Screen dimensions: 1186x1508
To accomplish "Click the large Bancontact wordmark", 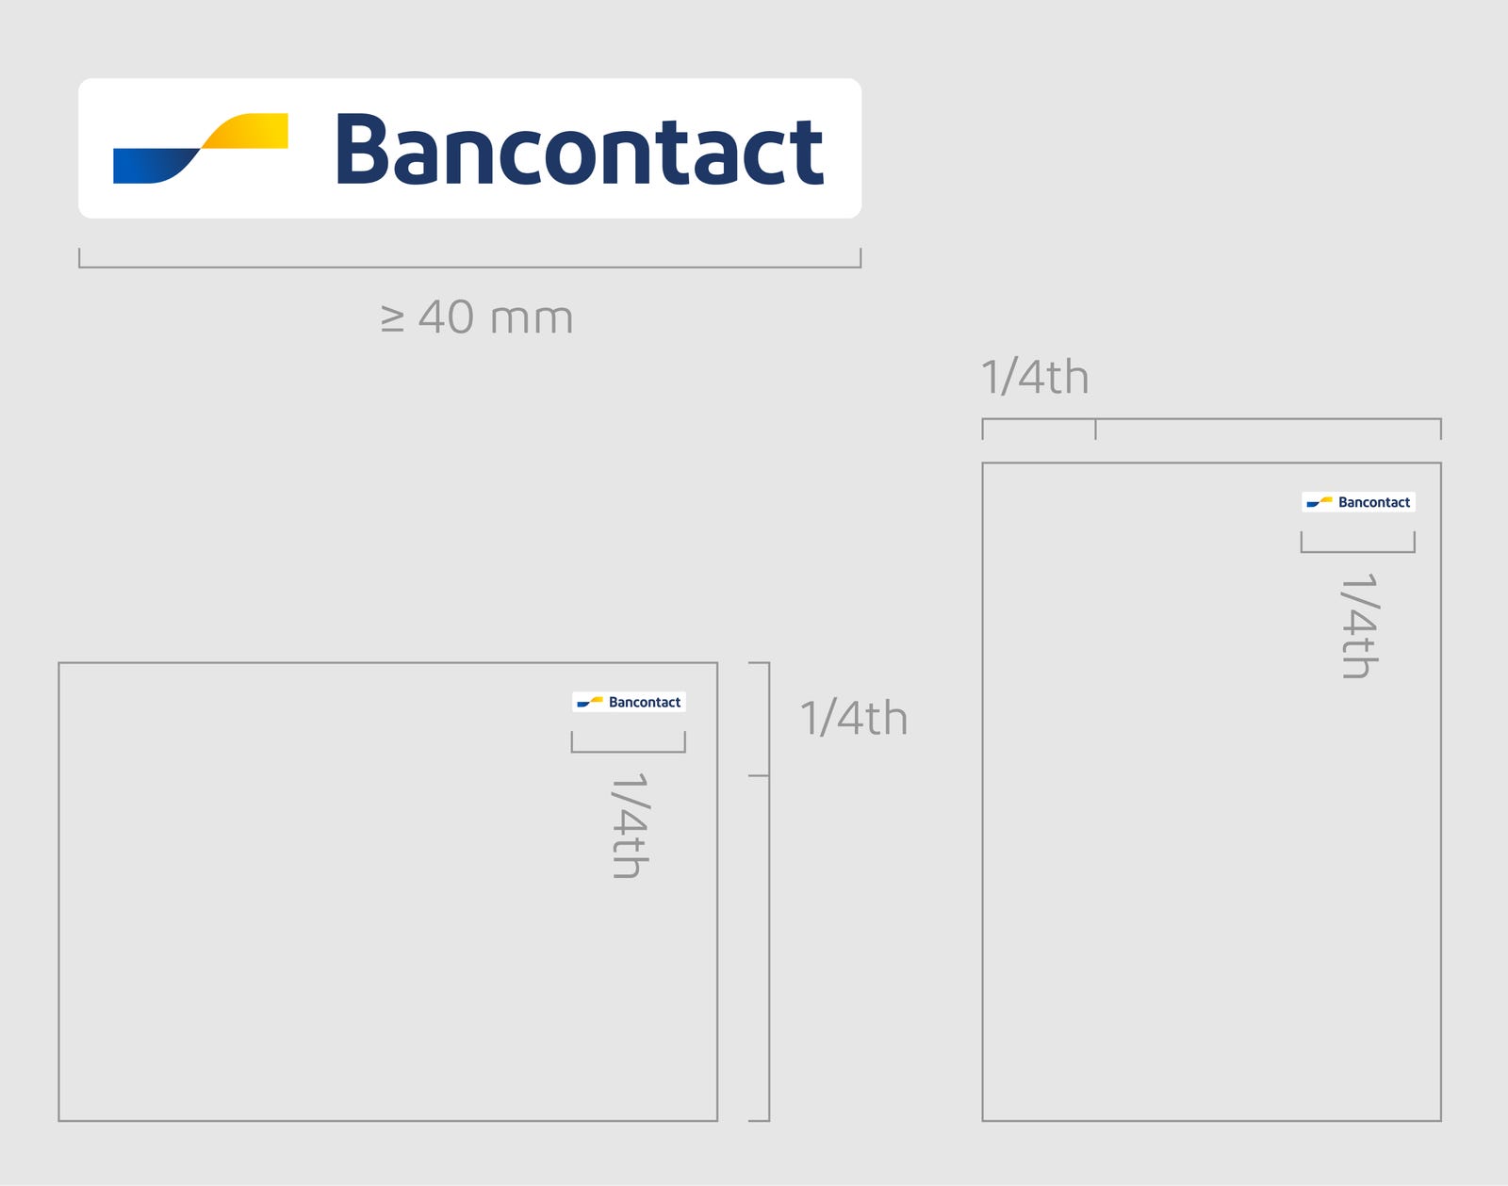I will [580, 150].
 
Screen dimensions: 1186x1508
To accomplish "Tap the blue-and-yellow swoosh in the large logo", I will [200, 148].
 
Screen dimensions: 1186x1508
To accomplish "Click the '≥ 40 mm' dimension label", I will [477, 317].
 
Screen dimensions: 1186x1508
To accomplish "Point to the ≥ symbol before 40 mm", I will [392, 318].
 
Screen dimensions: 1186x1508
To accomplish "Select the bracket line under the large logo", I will [469, 267].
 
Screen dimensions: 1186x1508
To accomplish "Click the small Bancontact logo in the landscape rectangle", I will [629, 702].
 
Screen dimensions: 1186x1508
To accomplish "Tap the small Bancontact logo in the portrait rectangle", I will [1358, 502].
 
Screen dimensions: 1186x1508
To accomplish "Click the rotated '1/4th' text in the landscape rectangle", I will [630, 826].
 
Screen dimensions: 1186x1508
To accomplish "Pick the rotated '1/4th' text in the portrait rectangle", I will [1359, 625].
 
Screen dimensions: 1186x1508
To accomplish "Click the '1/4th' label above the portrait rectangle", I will [1035, 378].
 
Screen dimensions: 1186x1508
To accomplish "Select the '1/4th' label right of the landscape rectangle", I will [854, 719].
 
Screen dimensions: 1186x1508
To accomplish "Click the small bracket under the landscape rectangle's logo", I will [629, 751].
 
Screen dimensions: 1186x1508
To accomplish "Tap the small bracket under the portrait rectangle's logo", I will [1358, 551].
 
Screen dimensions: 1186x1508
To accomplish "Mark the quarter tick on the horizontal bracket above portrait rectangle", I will [1095, 429].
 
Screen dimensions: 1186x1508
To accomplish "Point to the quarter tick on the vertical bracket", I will [759, 775].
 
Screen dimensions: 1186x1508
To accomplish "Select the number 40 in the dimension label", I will [447, 317].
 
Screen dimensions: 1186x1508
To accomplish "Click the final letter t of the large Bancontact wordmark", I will [809, 153].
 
